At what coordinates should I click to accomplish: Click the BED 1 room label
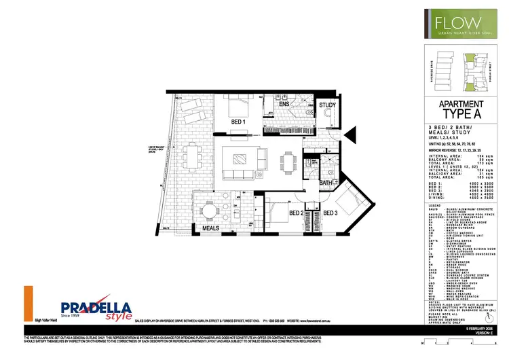(x=238, y=122)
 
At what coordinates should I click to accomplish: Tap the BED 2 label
(x=296, y=213)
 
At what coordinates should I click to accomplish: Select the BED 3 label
(x=331, y=213)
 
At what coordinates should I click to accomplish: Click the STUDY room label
(x=328, y=106)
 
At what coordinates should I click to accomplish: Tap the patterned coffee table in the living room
(x=242, y=160)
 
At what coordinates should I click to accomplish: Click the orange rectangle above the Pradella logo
(x=29, y=302)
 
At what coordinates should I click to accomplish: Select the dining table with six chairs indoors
(x=290, y=161)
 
